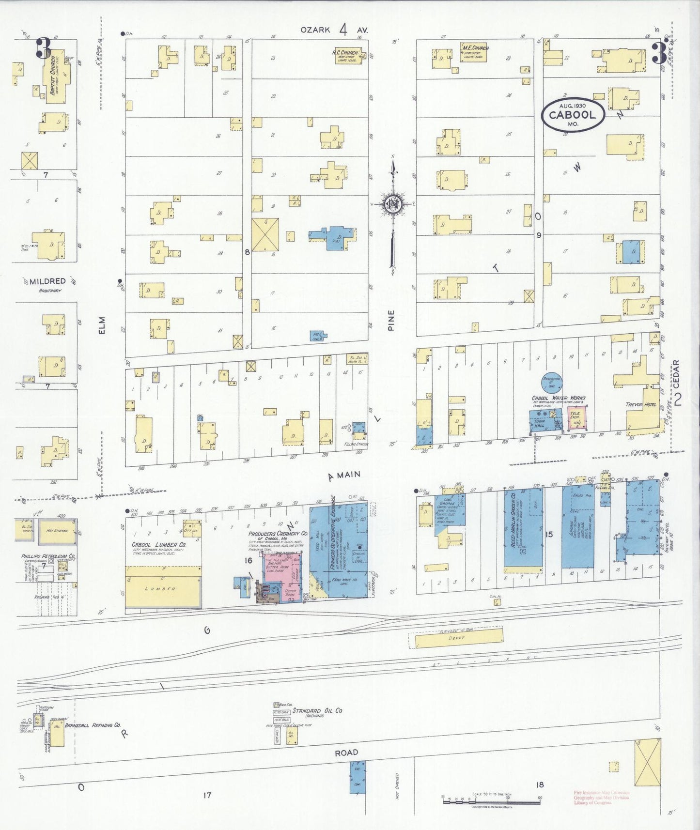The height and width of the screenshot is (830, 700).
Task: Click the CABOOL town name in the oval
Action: [573, 115]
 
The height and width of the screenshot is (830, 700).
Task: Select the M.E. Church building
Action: [473, 52]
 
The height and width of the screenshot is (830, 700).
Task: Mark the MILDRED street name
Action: [47, 281]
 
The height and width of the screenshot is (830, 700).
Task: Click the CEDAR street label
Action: [676, 373]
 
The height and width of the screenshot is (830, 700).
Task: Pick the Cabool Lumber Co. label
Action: [159, 544]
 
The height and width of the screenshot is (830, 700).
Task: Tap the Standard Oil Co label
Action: [317, 711]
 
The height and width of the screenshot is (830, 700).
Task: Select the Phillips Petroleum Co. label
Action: [47, 556]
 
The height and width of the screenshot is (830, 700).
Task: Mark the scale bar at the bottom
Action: [492, 800]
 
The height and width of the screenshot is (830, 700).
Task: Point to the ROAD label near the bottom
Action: [346, 753]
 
